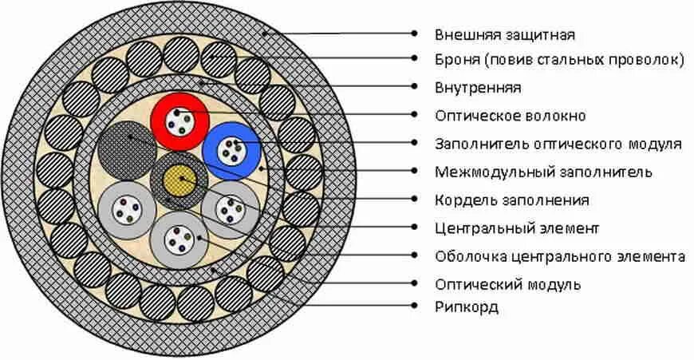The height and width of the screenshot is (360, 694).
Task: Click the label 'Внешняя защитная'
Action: click(x=504, y=35)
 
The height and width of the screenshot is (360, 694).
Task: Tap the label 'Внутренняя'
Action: click(x=478, y=87)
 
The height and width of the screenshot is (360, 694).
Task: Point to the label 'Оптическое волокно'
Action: click(x=510, y=116)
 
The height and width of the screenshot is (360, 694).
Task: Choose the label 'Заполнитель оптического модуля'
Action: click(x=558, y=144)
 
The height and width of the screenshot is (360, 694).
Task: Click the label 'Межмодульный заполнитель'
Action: click(x=543, y=172)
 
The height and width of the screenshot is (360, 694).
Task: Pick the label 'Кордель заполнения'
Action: click(x=512, y=200)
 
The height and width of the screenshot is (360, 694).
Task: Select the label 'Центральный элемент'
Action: click(x=516, y=228)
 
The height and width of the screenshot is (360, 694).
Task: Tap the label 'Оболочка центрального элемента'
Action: click(x=560, y=256)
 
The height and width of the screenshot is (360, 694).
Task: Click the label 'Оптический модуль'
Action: click(x=507, y=284)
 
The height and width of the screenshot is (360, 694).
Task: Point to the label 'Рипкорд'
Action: click(x=467, y=307)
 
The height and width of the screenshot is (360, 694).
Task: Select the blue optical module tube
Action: click(x=232, y=151)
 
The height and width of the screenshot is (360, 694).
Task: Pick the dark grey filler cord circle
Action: click(x=126, y=148)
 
